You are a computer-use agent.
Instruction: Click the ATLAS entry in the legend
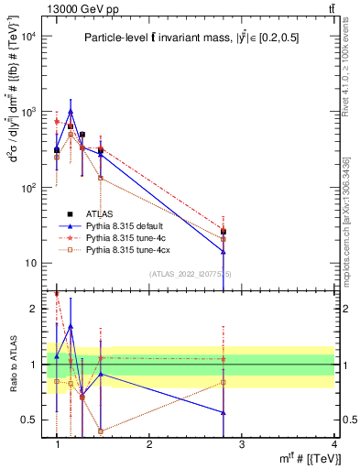(111, 213)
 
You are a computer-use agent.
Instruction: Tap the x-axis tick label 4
(334, 444)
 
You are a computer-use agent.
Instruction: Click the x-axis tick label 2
(150, 444)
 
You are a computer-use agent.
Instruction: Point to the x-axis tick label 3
(242, 444)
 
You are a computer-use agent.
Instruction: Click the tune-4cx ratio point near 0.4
(101, 431)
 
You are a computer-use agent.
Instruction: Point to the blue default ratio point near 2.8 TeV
(224, 413)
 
